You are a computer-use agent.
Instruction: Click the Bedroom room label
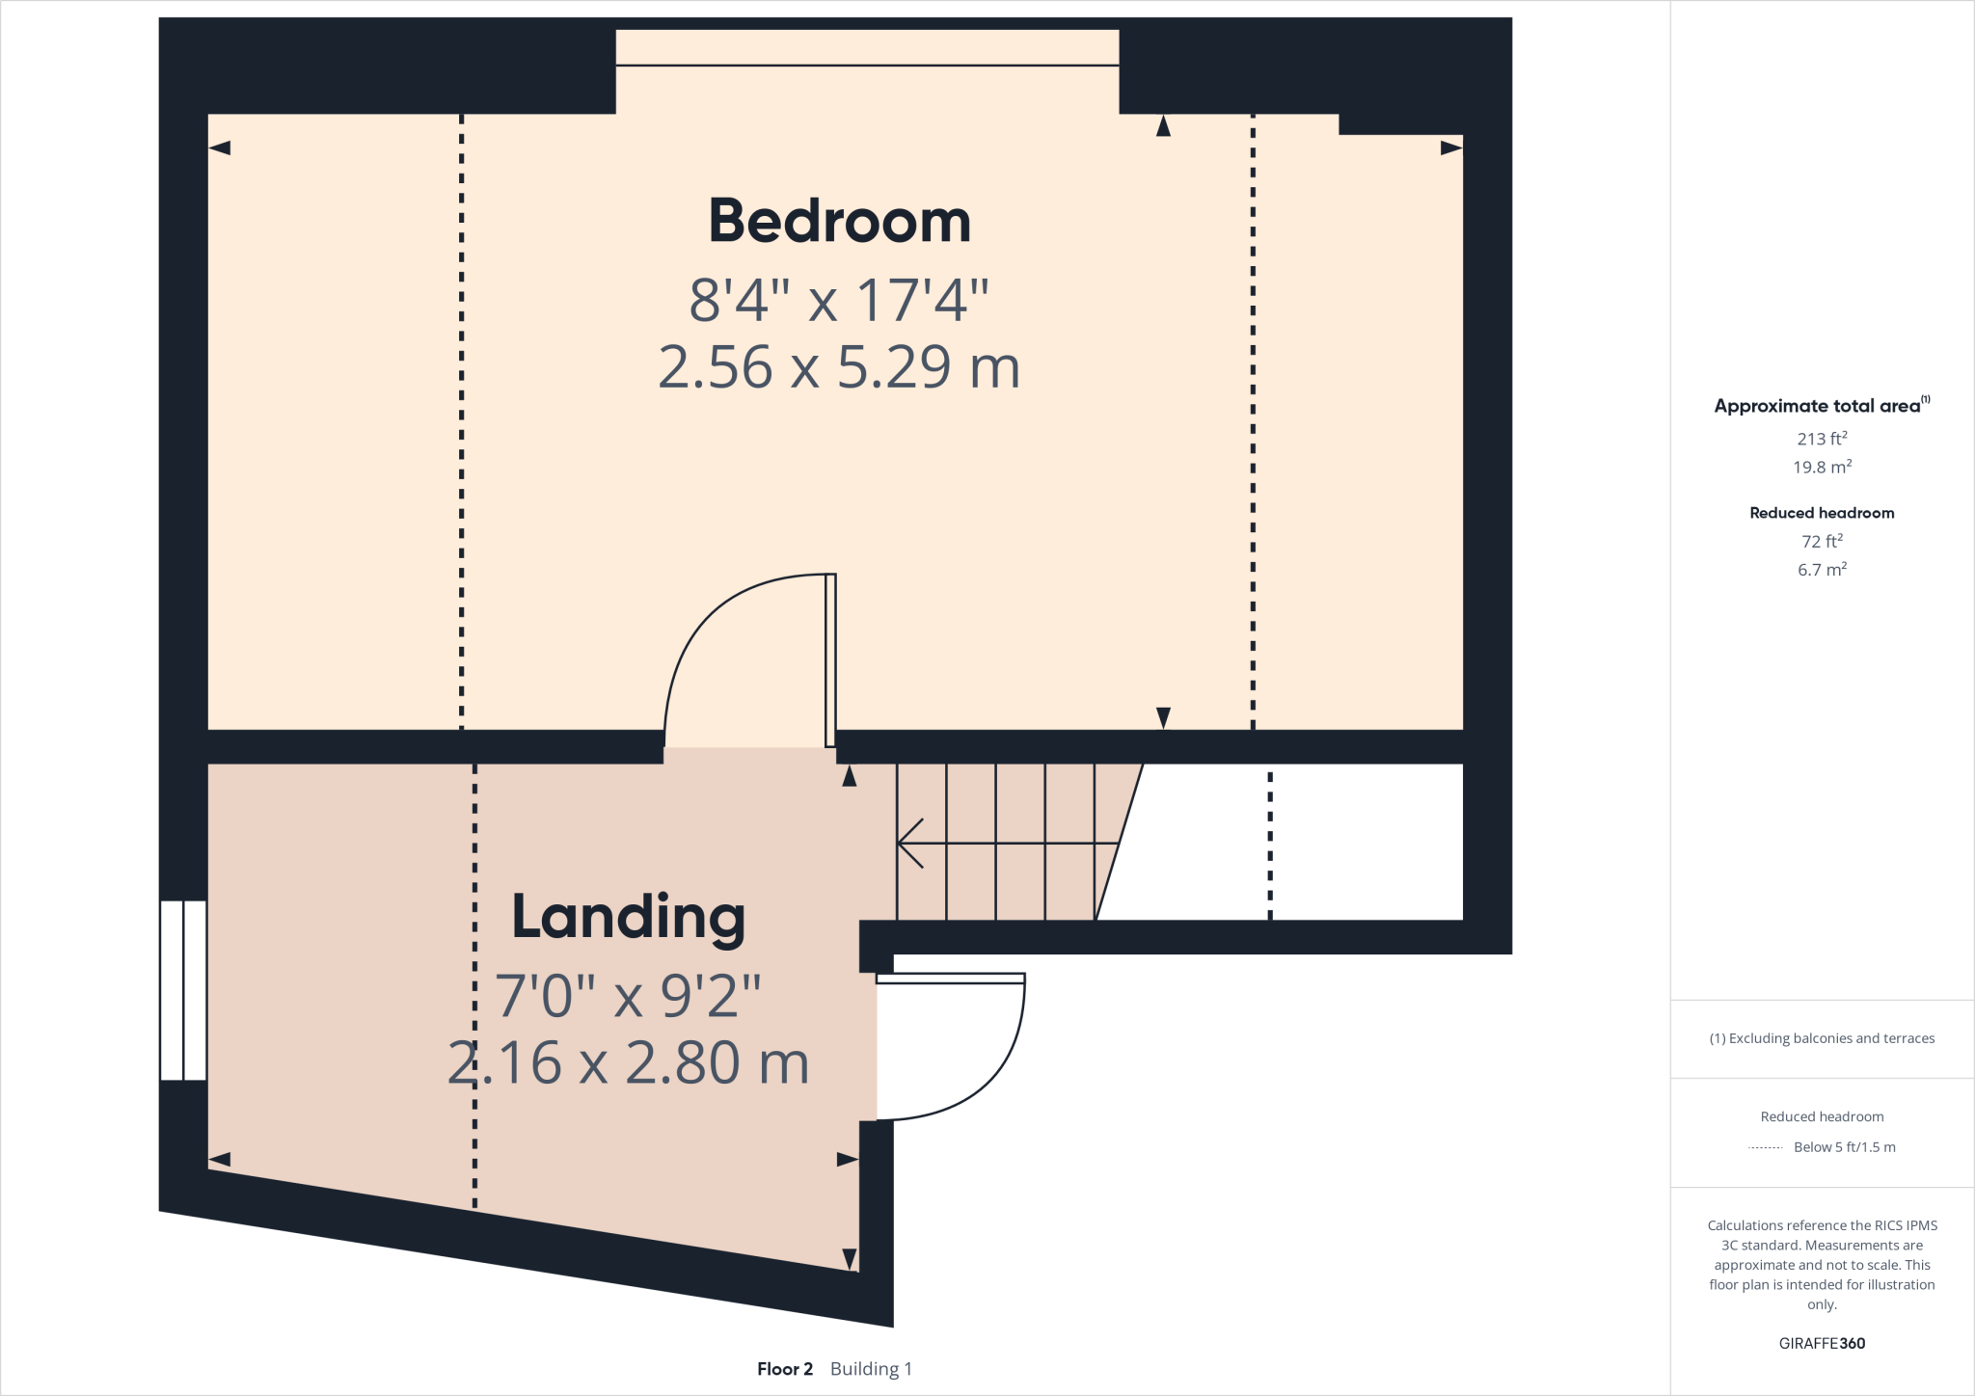click(839, 221)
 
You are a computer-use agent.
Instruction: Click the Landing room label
click(628, 917)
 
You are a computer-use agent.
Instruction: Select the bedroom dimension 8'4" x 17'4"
click(839, 300)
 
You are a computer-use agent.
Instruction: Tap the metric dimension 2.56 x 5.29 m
click(839, 367)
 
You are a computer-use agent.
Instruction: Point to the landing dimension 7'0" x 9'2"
click(628, 996)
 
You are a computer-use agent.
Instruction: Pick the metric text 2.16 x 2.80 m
click(628, 1062)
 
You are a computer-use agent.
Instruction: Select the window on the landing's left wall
click(183, 990)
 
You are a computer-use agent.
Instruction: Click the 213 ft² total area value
click(1821, 439)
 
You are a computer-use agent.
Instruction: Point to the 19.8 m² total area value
click(1821, 468)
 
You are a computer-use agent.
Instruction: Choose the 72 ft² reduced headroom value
click(1821, 542)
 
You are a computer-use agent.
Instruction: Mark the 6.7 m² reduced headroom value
click(1821, 570)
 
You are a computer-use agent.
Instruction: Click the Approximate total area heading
click(1819, 406)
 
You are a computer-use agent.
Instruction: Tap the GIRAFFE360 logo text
click(1821, 1343)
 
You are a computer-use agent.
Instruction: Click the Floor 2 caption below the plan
click(785, 1369)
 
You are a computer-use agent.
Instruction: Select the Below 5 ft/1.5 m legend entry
click(1843, 1147)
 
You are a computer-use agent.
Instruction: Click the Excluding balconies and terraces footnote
click(1821, 1038)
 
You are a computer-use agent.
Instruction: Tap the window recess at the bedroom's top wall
click(867, 48)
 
